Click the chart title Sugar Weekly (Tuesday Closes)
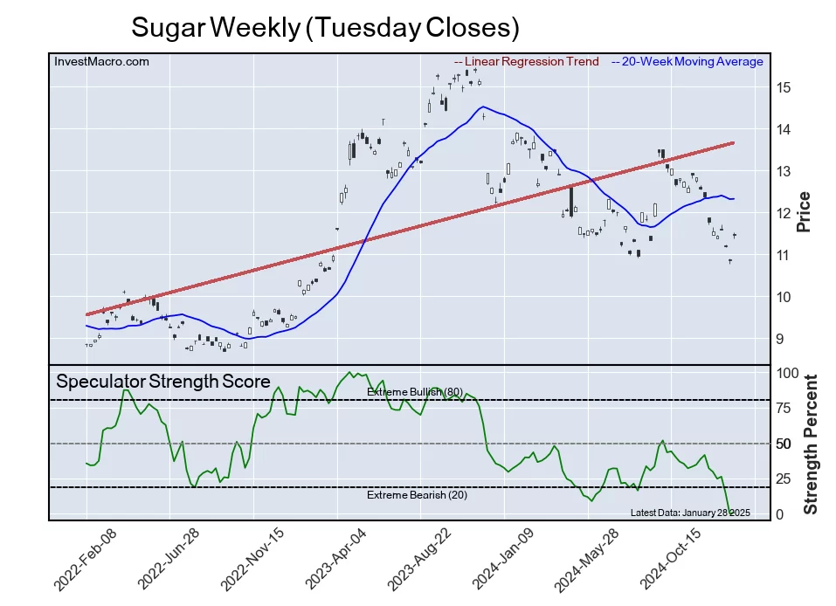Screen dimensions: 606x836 click(325, 28)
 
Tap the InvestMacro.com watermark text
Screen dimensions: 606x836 click(101, 61)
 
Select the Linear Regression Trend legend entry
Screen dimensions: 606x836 click(527, 61)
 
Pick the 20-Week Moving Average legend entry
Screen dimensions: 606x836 click(687, 61)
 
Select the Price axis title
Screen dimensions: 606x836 click(805, 211)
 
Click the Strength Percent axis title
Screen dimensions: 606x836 click(811, 444)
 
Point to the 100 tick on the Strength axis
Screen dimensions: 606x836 click(786, 372)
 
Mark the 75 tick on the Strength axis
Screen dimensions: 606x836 click(784, 407)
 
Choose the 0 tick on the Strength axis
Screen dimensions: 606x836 click(780, 514)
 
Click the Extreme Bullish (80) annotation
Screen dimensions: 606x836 click(414, 392)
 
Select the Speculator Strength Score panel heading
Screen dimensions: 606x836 click(162, 382)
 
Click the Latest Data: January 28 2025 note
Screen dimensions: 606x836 click(690, 512)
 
